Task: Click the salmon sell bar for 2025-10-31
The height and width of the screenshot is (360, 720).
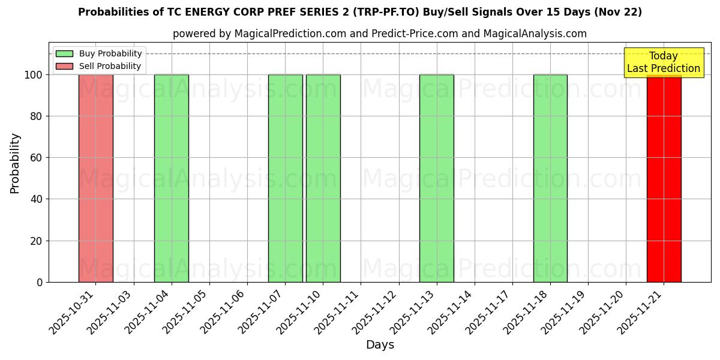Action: (96, 178)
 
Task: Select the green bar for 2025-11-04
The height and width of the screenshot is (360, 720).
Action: (172, 178)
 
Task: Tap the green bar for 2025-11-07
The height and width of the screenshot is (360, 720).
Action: (285, 178)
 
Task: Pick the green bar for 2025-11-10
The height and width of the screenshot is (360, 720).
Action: (323, 178)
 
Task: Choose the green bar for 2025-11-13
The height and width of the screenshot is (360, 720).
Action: (436, 178)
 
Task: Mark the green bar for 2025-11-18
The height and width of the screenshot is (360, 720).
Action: (550, 178)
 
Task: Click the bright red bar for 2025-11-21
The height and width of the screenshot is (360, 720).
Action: (664, 178)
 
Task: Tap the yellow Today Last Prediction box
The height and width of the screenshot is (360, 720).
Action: (664, 62)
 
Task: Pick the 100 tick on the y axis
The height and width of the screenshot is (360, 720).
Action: (33, 75)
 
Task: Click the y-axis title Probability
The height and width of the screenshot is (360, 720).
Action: (15, 163)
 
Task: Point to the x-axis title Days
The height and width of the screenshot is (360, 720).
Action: (380, 345)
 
